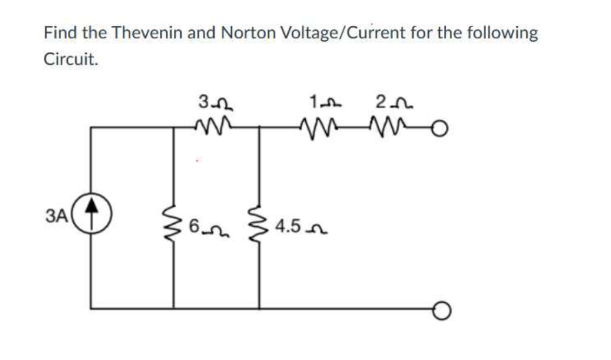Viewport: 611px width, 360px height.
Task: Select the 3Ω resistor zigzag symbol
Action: [x=215, y=125]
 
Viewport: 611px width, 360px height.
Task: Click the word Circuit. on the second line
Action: [x=71, y=59]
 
